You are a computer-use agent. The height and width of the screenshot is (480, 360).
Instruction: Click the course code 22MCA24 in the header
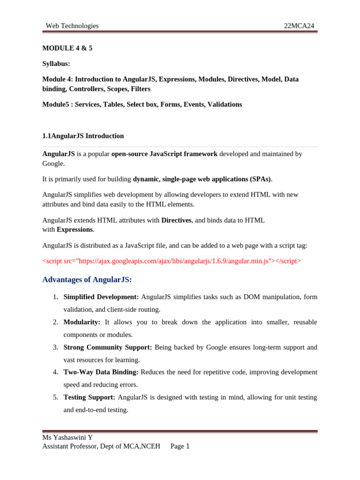pos(299,26)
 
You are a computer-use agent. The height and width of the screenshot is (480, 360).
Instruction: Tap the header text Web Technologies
pos(72,26)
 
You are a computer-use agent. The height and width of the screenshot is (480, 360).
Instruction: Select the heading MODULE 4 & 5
pos(67,48)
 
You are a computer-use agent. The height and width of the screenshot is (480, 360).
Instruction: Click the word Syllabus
pos(56,63)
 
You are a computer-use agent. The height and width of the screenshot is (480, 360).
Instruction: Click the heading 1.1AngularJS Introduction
pos(83,136)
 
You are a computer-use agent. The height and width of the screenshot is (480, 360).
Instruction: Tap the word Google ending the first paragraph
pos(53,164)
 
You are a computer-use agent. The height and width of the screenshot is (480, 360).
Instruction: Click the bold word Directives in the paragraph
pos(176,220)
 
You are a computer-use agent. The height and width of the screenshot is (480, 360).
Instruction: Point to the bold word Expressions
pos(75,229)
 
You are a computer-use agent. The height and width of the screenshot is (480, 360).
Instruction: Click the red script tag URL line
pos(172,261)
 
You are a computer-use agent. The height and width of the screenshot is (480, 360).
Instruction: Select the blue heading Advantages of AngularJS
pos(87,280)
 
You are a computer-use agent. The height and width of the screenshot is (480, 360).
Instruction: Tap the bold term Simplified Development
pos(101,297)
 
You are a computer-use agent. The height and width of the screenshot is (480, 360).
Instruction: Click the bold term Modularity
pos(82,322)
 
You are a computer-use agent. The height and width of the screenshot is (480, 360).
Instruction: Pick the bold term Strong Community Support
pos(107,347)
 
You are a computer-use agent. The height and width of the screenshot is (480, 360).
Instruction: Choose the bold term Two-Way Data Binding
pos(101,372)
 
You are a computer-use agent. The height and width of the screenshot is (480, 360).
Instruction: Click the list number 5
pos(55,397)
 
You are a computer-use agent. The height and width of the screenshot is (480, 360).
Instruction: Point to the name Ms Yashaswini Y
pos(67,438)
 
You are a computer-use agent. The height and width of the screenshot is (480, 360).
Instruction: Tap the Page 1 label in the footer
pos(180,446)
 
